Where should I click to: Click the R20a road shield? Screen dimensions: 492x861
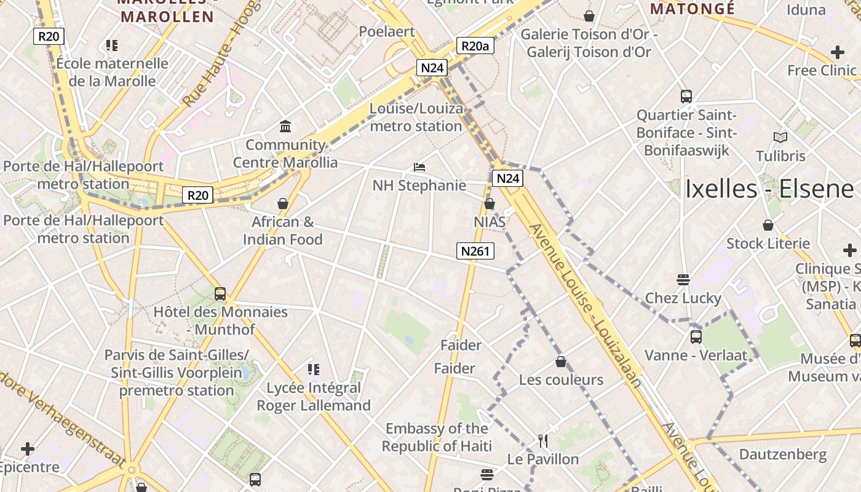(x=476, y=46)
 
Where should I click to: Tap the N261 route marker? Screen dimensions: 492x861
(x=475, y=250)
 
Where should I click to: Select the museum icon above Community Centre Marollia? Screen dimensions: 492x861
(x=285, y=127)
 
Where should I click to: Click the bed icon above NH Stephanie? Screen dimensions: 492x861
(x=419, y=167)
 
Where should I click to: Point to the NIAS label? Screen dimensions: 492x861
(x=490, y=221)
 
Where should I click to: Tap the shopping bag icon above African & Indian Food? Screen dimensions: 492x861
(x=283, y=204)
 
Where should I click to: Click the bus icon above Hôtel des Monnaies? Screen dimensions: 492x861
(x=220, y=294)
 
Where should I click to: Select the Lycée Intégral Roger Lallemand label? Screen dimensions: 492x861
(x=314, y=397)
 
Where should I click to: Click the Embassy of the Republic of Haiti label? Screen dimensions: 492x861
(x=437, y=437)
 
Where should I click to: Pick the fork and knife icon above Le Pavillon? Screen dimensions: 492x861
(x=543, y=440)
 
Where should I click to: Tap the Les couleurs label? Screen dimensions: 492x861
(x=561, y=379)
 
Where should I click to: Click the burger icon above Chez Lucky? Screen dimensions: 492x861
(x=683, y=280)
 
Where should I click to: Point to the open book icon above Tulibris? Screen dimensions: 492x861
(x=780, y=137)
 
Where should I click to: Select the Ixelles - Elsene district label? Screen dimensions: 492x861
(x=769, y=189)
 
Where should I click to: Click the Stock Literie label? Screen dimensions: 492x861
(x=768, y=244)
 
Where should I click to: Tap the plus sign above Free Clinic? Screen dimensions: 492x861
(x=837, y=52)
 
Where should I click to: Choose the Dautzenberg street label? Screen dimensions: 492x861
(x=783, y=454)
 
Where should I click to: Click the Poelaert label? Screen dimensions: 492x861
(x=387, y=31)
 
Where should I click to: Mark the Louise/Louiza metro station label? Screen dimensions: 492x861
(x=416, y=117)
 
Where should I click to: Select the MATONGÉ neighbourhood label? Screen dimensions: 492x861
(x=692, y=9)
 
